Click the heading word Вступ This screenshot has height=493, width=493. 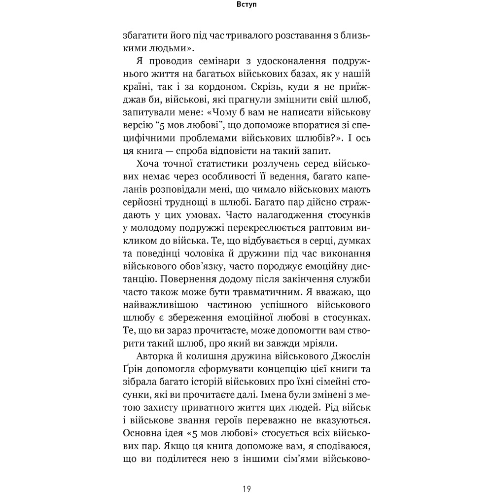[x=246, y=7]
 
